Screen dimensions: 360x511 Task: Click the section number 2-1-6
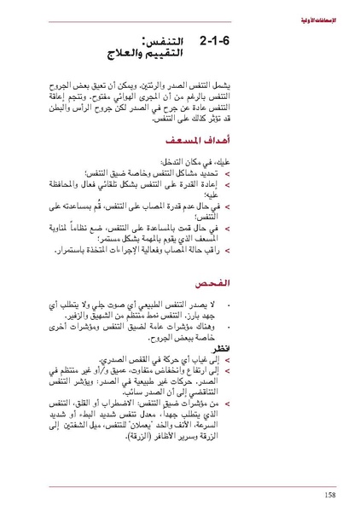(220, 41)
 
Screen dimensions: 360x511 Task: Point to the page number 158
(329, 494)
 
